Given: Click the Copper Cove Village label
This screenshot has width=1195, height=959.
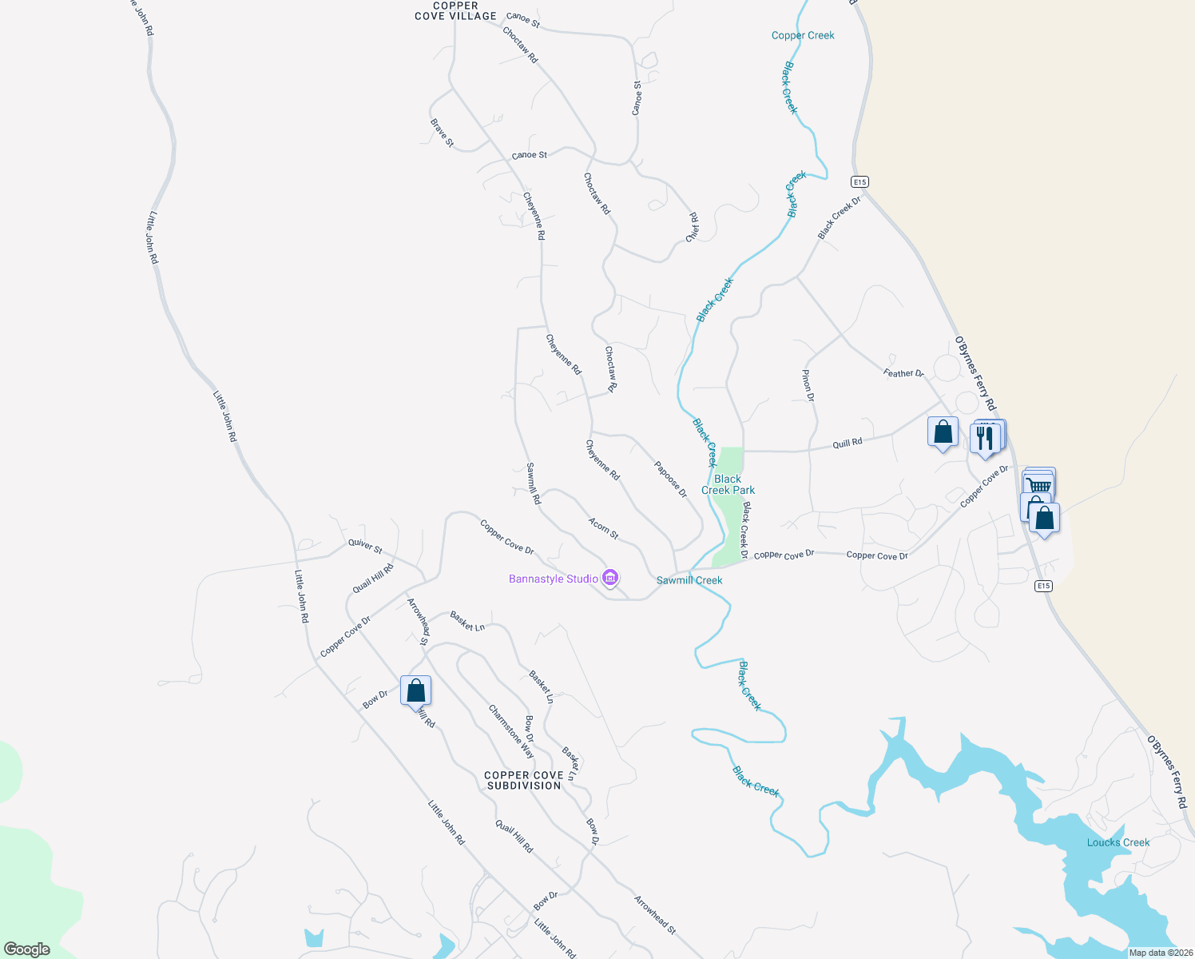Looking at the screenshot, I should (x=455, y=11).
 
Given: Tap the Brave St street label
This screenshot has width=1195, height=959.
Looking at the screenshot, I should (x=442, y=133).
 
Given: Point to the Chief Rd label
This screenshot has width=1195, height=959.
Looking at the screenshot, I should (x=693, y=227).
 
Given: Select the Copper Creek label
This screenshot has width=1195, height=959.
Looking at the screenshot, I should (x=803, y=35).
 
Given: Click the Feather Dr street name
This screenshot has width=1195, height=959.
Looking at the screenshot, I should (x=903, y=373).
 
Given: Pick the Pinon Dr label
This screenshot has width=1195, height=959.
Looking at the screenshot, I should (x=808, y=385).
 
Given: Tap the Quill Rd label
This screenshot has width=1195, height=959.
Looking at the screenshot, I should (x=848, y=443).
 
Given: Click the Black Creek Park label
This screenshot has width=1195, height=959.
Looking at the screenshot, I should (x=728, y=484).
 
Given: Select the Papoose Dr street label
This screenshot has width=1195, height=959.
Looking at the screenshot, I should (x=670, y=479).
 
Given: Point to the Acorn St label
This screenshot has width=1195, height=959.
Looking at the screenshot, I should (x=603, y=528).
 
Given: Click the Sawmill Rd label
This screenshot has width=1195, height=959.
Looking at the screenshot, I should (x=534, y=483).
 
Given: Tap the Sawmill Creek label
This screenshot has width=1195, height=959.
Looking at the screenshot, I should (x=689, y=580).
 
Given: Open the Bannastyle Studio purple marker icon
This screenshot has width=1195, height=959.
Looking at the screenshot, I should (x=610, y=577).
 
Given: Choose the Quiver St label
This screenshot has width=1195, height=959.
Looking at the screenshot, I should (x=365, y=546).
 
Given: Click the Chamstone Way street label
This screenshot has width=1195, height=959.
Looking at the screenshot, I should (x=511, y=731).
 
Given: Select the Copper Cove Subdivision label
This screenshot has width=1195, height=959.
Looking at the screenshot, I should (x=524, y=780).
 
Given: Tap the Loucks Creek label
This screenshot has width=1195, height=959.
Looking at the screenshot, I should (x=1118, y=842).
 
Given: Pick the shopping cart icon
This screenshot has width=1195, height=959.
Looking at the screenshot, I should (x=1038, y=484).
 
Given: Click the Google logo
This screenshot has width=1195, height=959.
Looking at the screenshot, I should (x=27, y=949).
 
